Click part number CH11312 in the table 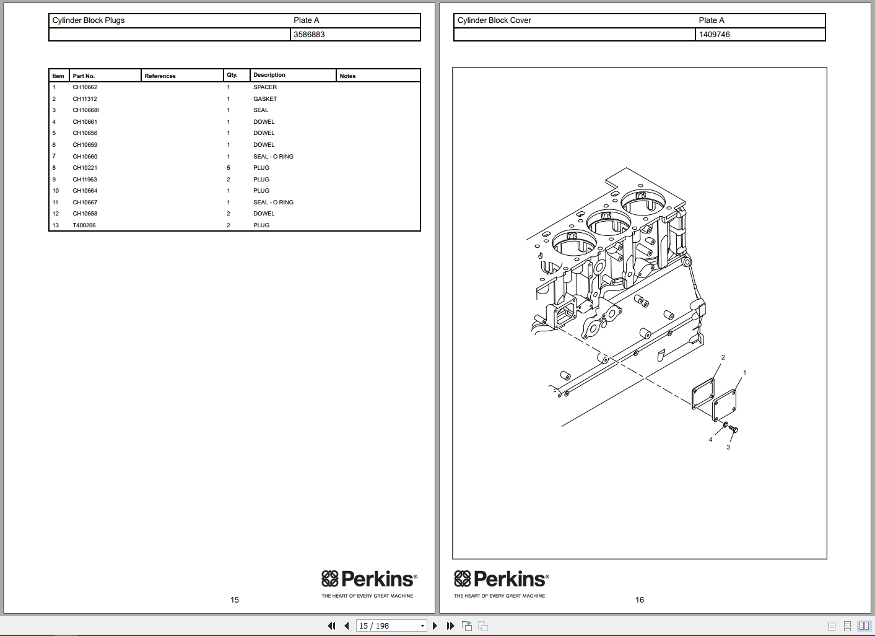tap(85, 99)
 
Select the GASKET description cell tap(265, 99)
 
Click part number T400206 tap(84, 225)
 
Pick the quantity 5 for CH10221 tap(229, 168)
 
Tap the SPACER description tap(265, 87)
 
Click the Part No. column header tap(84, 76)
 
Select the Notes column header tap(347, 76)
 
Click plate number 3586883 tap(309, 35)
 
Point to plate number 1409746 tap(714, 35)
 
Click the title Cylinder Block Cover tap(494, 20)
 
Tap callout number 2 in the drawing tap(723, 357)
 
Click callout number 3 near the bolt tap(728, 447)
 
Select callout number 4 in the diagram tap(710, 440)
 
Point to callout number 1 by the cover tap(744, 373)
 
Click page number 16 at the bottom tap(640, 599)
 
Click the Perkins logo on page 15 tap(369, 580)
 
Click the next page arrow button tap(435, 625)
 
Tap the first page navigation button tap(331, 625)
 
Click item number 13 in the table tap(56, 225)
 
